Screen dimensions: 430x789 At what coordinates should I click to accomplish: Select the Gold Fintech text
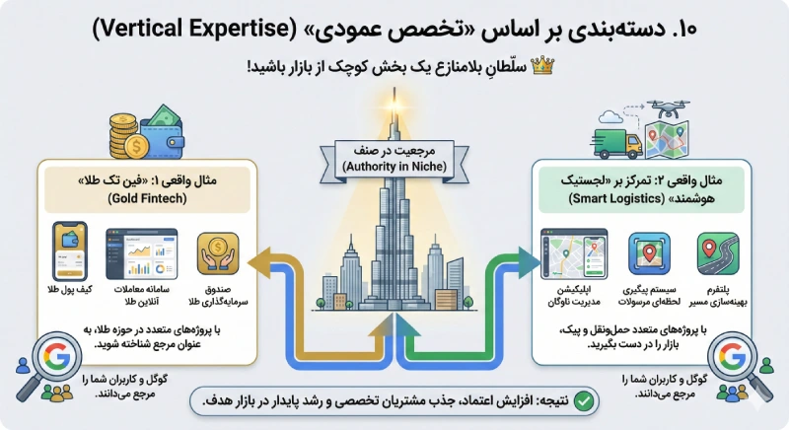point(143,198)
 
